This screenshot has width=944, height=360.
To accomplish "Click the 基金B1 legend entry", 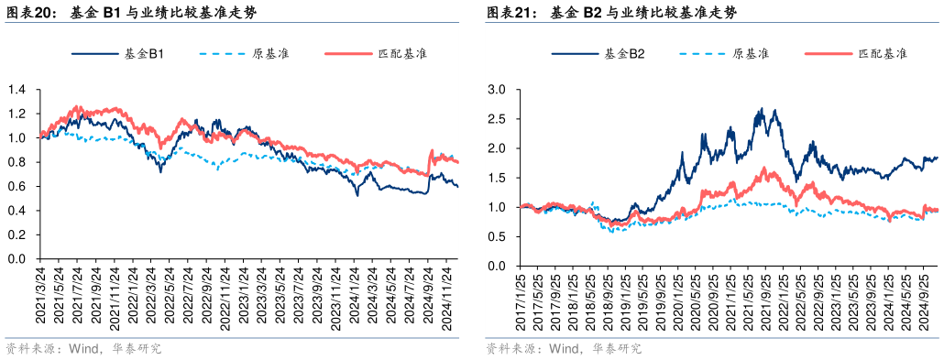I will pyautogui.click(x=144, y=54).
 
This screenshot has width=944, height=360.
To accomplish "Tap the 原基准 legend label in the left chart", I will pyautogui.click(x=271, y=54).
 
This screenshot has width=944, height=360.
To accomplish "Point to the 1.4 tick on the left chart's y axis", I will pyautogui.click(x=16, y=90).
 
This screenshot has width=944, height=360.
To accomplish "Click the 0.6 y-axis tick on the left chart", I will pyautogui.click(x=16, y=186).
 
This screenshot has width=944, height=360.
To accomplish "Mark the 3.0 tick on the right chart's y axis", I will pyautogui.click(x=498, y=90).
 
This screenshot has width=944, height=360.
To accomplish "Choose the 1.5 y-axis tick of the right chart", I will pyautogui.click(x=498, y=178).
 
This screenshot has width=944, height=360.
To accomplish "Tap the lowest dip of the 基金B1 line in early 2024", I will pyautogui.click(x=357, y=195).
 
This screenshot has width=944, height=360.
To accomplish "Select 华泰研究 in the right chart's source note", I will pyautogui.click(x=616, y=349).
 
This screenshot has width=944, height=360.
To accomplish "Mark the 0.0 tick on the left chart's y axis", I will pyautogui.click(x=16, y=258).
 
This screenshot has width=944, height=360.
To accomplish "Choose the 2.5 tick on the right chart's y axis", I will pyautogui.click(x=498, y=119).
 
